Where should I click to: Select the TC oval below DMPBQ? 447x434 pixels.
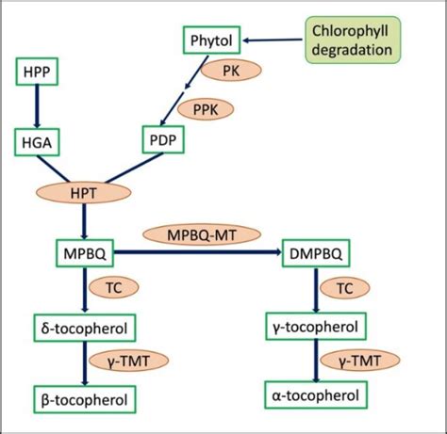pyautogui.click(x=345, y=289)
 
